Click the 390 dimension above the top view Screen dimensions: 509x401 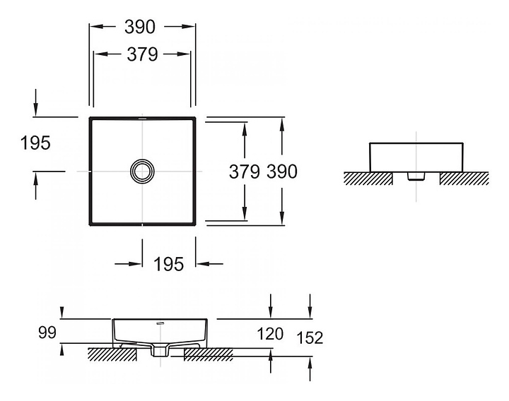140,27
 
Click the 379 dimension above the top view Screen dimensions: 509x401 142,54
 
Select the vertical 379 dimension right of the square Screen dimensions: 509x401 244,172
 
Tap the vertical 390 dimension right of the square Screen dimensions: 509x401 282,172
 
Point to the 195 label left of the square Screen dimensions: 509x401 35,143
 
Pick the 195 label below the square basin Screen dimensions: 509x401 168,264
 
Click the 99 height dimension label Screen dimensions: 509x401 47,333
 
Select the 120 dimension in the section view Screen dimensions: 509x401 270,334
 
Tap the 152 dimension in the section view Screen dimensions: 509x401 310,337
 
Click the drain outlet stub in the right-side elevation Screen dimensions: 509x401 416,176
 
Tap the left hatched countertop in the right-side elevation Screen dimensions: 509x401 368,179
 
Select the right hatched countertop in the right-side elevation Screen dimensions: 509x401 464,179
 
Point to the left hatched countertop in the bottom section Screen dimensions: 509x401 112,354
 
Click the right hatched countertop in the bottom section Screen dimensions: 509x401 208,354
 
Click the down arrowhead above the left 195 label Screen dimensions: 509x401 35,108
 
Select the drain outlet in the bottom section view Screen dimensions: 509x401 159,352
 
